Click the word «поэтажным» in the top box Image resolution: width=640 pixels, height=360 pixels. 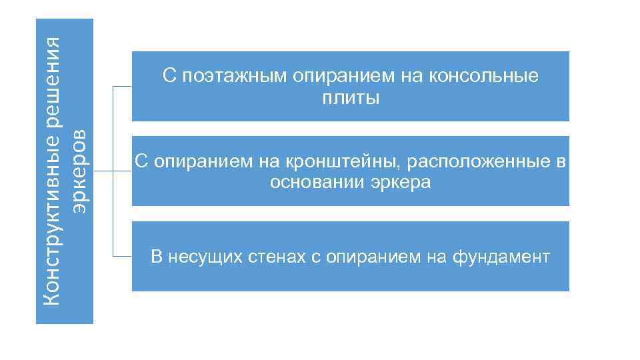point(231,77)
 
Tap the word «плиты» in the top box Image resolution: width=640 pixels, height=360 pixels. point(351,99)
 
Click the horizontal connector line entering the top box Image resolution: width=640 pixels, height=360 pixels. point(123,87)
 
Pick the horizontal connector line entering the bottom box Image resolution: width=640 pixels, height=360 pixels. point(123,257)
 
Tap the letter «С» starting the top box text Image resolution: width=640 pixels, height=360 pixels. point(169,77)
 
